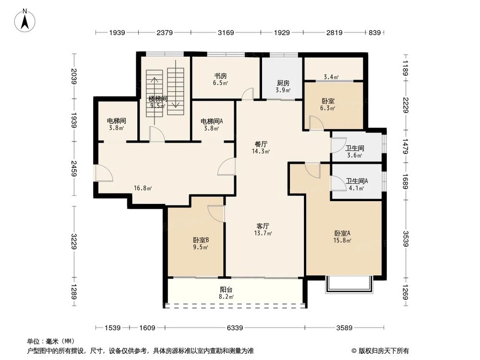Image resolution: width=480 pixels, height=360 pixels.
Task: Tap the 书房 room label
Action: pos(220,76)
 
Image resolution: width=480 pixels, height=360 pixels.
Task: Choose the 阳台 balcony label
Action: pos(227,290)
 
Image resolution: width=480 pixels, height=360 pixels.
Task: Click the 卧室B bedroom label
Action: pos(201,240)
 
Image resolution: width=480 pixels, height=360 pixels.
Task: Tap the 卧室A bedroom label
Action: pos(343,234)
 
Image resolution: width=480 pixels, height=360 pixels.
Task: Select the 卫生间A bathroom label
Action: pos(357,181)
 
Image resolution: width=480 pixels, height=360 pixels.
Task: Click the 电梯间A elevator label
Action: pos(211,121)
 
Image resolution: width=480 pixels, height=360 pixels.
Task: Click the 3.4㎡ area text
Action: pos(331,77)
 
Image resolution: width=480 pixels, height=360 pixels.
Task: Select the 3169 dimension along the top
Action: pos(226,33)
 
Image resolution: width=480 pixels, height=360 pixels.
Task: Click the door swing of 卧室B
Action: pos(217,213)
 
